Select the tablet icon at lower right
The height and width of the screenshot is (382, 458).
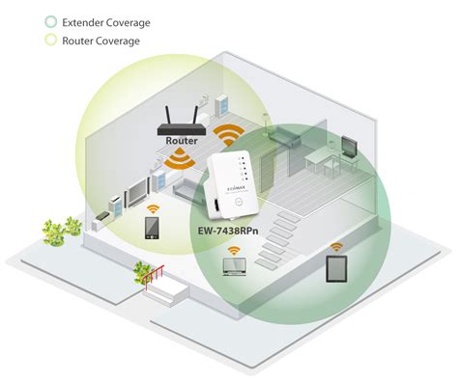tap(336, 270)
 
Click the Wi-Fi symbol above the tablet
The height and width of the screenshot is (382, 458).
tap(336, 247)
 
